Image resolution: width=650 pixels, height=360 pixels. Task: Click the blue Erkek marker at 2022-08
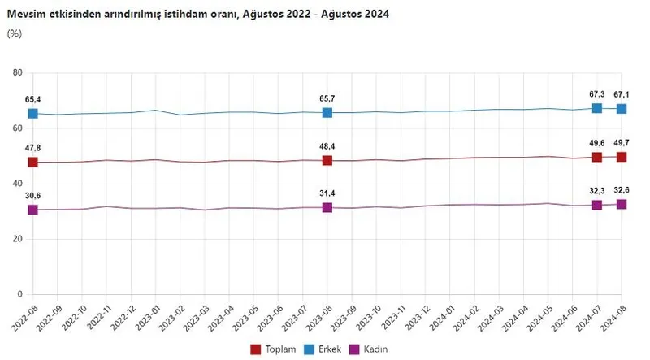(x=33, y=114)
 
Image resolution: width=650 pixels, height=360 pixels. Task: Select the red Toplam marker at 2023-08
(x=327, y=161)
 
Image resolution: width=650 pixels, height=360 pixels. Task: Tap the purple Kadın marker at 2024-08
(x=622, y=204)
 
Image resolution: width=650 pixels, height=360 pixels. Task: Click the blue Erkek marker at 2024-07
(x=597, y=108)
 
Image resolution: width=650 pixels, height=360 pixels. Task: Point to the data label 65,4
(x=33, y=99)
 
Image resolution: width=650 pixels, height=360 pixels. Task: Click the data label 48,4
(x=327, y=146)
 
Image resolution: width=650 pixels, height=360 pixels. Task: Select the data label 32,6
(x=622, y=190)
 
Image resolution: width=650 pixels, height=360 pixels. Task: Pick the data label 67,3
(x=597, y=94)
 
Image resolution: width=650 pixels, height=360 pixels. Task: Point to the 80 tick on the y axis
(x=16, y=73)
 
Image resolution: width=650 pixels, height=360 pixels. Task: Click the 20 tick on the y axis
(x=16, y=239)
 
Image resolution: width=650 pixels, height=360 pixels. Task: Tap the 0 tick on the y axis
(x=19, y=294)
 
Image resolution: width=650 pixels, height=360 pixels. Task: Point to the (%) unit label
(x=14, y=33)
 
